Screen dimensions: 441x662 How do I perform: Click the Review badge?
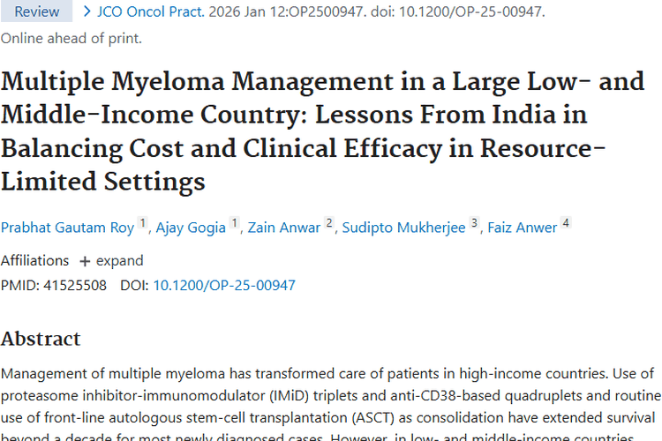(37, 11)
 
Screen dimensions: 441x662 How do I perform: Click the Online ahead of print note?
(71, 38)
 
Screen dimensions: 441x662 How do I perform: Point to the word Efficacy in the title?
(400, 149)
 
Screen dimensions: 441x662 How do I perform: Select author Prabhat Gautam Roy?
(67, 228)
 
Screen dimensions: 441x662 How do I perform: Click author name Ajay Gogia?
(192, 228)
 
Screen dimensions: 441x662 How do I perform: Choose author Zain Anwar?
(284, 228)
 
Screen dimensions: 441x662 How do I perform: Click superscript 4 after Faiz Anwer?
(566, 224)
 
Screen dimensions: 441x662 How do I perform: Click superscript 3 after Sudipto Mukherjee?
(474, 224)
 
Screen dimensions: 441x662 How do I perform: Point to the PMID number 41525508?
(75, 286)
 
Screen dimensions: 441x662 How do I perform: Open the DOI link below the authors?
(224, 286)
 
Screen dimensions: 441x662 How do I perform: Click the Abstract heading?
(41, 339)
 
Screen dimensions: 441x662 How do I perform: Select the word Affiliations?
(34, 261)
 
